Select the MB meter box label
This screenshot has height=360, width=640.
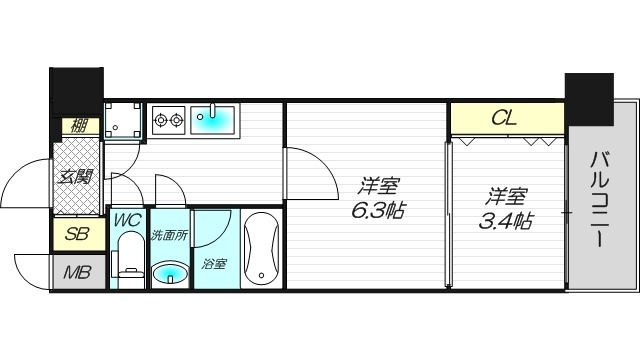[76, 272]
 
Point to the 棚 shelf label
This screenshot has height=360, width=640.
[77, 126]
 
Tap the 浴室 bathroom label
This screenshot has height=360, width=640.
[215, 266]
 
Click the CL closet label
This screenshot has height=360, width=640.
[505, 118]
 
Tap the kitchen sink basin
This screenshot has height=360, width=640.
[212, 121]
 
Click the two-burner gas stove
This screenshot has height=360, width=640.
[168, 121]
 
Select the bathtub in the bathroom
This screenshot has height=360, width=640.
[263, 249]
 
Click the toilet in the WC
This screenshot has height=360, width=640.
[129, 256]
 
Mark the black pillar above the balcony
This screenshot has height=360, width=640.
[590, 98]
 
